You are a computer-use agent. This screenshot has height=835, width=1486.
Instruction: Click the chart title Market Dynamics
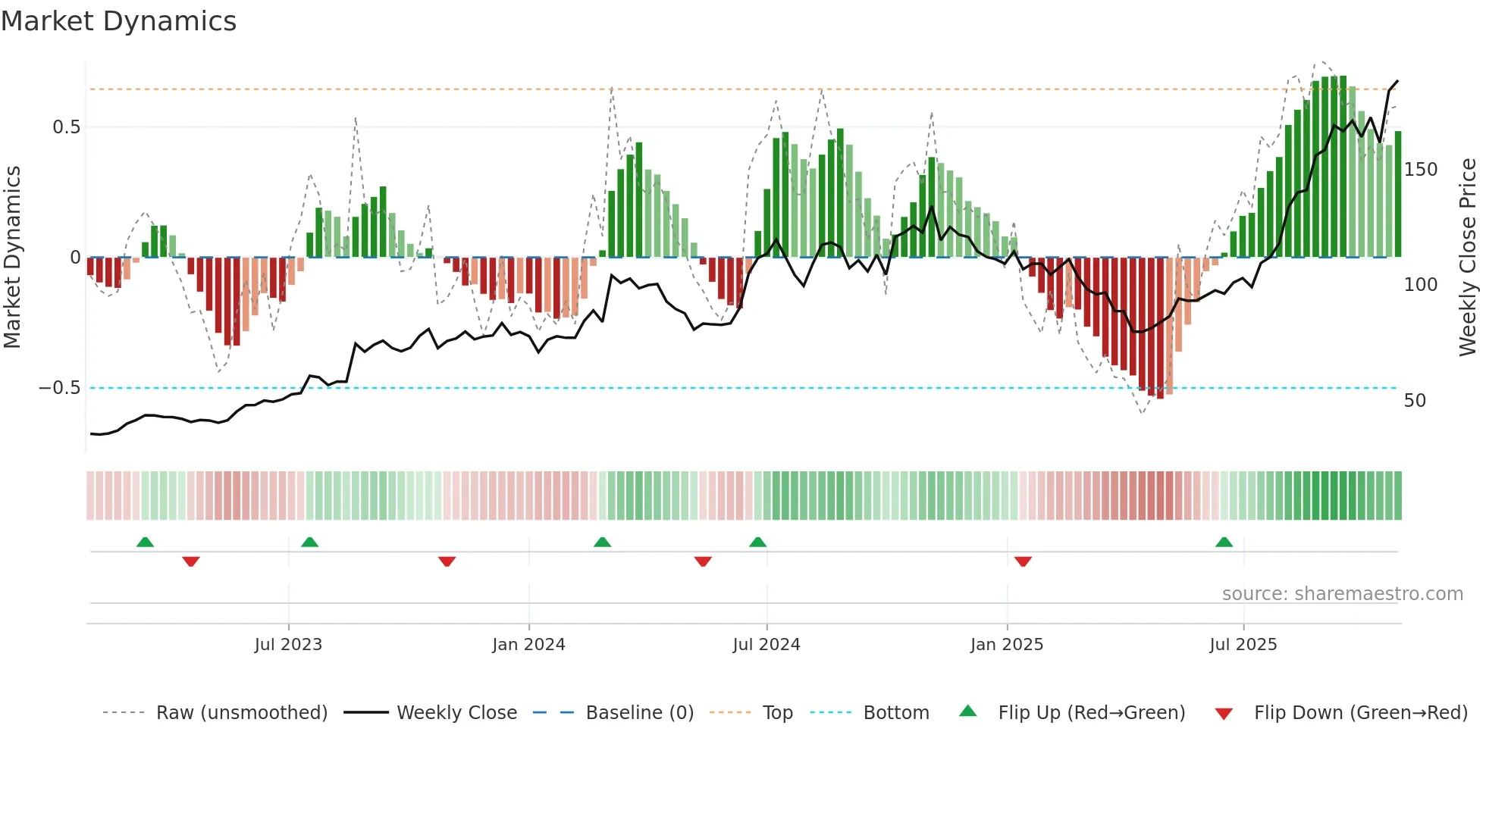[118, 21]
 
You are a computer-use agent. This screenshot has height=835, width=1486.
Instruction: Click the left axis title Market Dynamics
[12, 258]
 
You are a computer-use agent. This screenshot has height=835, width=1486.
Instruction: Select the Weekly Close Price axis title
[1468, 258]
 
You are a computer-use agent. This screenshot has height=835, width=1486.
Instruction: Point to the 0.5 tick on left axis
[66, 127]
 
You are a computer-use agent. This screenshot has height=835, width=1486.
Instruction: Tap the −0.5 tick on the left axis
[60, 388]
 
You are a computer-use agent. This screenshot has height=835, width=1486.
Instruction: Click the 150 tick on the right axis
[1420, 170]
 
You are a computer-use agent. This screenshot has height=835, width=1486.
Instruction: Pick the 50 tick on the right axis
[1415, 401]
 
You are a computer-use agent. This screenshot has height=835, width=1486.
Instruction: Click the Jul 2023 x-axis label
[288, 645]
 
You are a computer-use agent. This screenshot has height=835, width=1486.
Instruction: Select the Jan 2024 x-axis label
[528, 645]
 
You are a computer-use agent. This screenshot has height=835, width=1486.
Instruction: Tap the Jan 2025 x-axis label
[1007, 645]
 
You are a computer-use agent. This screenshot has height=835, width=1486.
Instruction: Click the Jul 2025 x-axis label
[1243, 645]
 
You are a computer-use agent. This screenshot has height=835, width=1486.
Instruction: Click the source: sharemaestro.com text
[1342, 594]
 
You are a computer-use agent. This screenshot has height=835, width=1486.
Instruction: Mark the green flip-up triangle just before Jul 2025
[1224, 542]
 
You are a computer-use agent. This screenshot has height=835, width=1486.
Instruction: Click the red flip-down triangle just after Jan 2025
[1023, 561]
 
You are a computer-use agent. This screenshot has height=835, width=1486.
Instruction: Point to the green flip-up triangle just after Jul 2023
[309, 542]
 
